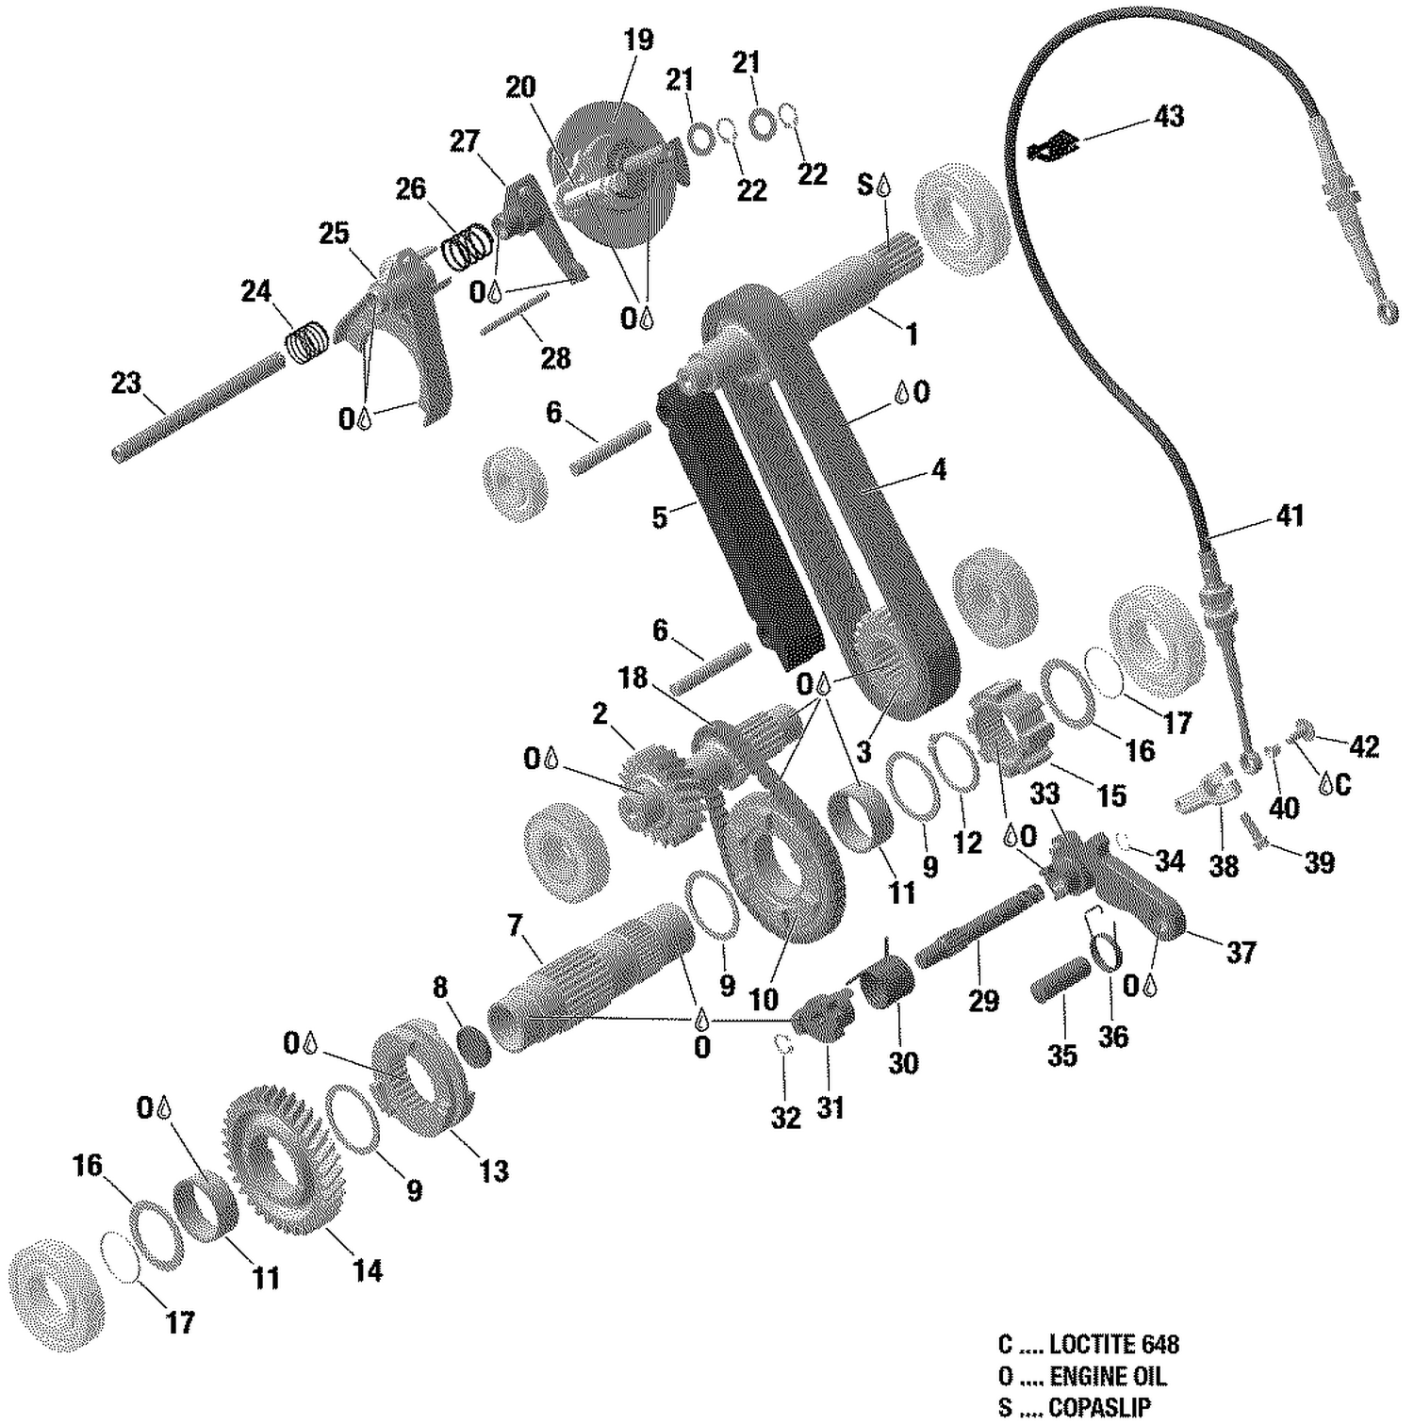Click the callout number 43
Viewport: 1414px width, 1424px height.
[x=1168, y=117]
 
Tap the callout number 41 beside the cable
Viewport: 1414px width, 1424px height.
[x=1289, y=516]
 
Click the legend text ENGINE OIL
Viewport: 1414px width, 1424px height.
[x=1108, y=1376]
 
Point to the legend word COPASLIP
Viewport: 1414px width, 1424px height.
[x=1099, y=1407]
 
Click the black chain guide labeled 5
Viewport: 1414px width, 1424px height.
[x=740, y=528]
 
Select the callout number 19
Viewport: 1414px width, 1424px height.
[x=638, y=41]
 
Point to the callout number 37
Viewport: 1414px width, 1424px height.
[x=1241, y=953]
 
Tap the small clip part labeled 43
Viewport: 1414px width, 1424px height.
[x=1053, y=146]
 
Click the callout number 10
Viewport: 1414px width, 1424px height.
[x=763, y=1000]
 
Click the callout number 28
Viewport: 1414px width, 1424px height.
[x=555, y=359]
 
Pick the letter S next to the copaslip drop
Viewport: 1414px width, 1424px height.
[x=864, y=185]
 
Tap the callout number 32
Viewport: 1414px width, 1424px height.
[x=785, y=1118]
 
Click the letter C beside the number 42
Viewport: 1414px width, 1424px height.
[x=1342, y=784]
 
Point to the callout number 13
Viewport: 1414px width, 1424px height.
[x=493, y=1171]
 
